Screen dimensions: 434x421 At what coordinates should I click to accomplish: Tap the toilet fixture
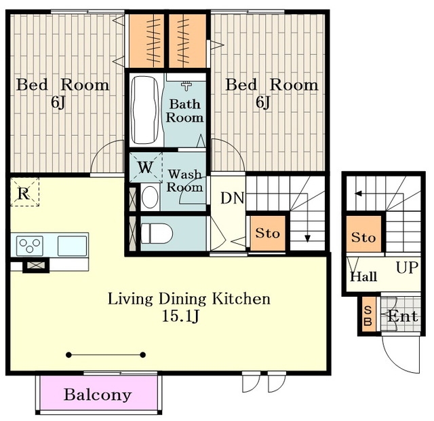pyautogui.click(x=157, y=234)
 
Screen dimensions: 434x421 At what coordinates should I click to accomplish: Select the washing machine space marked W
pyautogui.click(x=146, y=167)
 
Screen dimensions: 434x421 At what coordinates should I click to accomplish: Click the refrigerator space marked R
pyautogui.click(x=24, y=192)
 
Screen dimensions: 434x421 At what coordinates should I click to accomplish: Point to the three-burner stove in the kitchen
pyautogui.click(x=30, y=246)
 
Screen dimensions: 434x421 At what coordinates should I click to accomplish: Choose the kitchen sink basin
pyautogui.click(x=73, y=246)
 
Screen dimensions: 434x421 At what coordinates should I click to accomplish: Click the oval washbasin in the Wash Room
pyautogui.click(x=150, y=197)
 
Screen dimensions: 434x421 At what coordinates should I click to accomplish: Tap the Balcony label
pyautogui.click(x=98, y=395)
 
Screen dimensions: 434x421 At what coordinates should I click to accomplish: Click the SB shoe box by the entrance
pyautogui.click(x=368, y=314)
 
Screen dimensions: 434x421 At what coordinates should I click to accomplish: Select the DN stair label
pyautogui.click(x=232, y=198)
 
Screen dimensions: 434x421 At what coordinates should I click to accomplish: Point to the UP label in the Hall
pyautogui.click(x=407, y=268)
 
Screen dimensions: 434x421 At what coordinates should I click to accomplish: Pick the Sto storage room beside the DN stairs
pyautogui.click(x=268, y=234)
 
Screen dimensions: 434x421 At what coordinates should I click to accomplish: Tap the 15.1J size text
pyautogui.click(x=180, y=316)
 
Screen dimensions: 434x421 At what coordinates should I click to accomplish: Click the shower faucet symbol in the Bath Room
pyautogui.click(x=187, y=86)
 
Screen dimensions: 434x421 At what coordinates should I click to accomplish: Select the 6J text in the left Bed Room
pyautogui.click(x=58, y=103)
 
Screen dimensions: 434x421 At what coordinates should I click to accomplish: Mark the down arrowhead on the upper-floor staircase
pyautogui.click(x=307, y=238)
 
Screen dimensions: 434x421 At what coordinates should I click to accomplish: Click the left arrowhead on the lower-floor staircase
pyautogui.click(x=359, y=194)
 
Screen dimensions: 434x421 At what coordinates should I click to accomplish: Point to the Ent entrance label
pyautogui.click(x=402, y=316)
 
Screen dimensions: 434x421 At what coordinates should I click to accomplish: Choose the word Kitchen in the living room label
pyautogui.click(x=241, y=299)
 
